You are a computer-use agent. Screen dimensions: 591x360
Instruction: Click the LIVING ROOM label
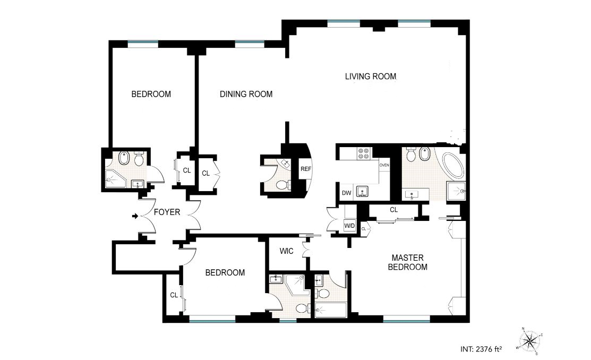pos(371,76)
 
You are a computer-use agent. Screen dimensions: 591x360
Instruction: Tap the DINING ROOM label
pos(246,94)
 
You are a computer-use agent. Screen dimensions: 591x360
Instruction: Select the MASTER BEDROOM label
pos(407,262)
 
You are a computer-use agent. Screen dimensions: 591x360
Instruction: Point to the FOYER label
pos(167,212)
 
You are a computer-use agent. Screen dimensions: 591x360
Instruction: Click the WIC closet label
pos(286,251)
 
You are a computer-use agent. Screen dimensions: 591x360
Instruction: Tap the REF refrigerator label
pos(306,169)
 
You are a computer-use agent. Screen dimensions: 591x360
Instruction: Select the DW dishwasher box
pos(346,193)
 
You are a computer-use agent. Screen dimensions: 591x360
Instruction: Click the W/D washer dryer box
pos(350,226)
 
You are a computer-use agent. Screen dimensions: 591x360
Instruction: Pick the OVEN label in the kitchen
pos(384,165)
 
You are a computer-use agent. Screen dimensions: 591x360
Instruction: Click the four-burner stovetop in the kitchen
pos(364,153)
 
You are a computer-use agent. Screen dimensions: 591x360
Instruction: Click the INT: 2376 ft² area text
pos(481,349)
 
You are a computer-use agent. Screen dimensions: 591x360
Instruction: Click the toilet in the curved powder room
pos(282,185)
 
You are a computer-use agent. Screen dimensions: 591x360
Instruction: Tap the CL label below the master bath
pos(394,210)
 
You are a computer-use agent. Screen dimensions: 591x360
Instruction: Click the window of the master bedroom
pos(406,322)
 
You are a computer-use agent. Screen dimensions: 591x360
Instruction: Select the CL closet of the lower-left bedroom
pos(174,295)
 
